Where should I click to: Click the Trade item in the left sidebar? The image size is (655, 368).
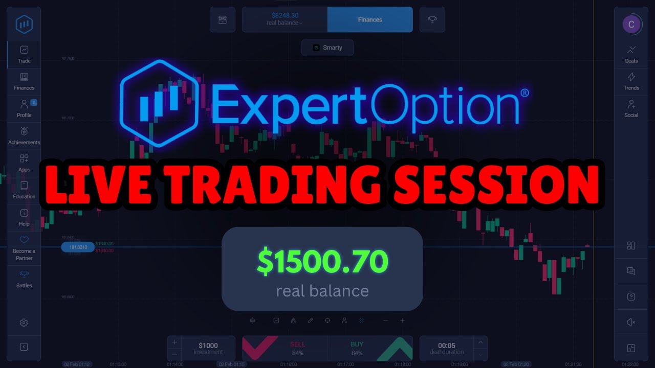(x=24, y=54)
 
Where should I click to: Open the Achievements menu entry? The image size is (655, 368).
(x=24, y=135)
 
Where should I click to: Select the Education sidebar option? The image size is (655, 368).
(x=24, y=190)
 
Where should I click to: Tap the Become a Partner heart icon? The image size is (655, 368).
(x=24, y=240)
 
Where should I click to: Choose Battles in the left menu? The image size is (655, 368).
(x=24, y=279)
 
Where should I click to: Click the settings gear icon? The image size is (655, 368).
(x=24, y=323)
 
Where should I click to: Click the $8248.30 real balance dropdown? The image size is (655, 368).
(x=285, y=19)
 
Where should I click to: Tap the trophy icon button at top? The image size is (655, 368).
(x=432, y=19)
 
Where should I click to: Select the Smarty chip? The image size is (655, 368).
(x=327, y=48)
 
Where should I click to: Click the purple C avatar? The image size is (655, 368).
(x=631, y=24)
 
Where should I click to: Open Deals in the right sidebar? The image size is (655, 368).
(x=631, y=54)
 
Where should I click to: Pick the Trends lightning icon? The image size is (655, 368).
(x=631, y=77)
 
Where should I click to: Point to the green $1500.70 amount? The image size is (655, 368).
(x=322, y=262)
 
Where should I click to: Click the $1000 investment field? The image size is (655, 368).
(x=208, y=348)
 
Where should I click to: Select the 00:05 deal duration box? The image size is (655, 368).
(x=447, y=348)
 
